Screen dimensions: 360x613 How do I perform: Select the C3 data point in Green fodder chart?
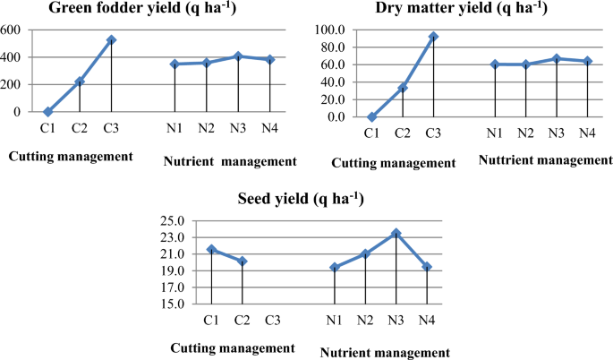pyautogui.click(x=112, y=40)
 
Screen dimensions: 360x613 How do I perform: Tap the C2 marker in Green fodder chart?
pyautogui.click(x=80, y=81)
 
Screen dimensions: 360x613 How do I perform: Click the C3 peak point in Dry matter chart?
pyautogui.click(x=433, y=37)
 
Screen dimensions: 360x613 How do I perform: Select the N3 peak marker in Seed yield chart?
pyautogui.click(x=396, y=234)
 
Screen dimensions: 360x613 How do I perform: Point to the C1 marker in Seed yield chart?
pyautogui.click(x=211, y=249)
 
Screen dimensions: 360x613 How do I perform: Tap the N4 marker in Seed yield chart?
pyautogui.click(x=427, y=267)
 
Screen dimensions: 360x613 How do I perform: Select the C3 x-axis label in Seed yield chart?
pyautogui.click(x=274, y=321)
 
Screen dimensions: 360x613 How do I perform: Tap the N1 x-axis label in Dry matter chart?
pyautogui.click(x=493, y=133)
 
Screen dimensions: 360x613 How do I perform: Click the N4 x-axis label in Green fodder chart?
pyautogui.click(x=270, y=128)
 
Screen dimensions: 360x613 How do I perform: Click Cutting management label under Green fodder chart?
pyautogui.click(x=71, y=156)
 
